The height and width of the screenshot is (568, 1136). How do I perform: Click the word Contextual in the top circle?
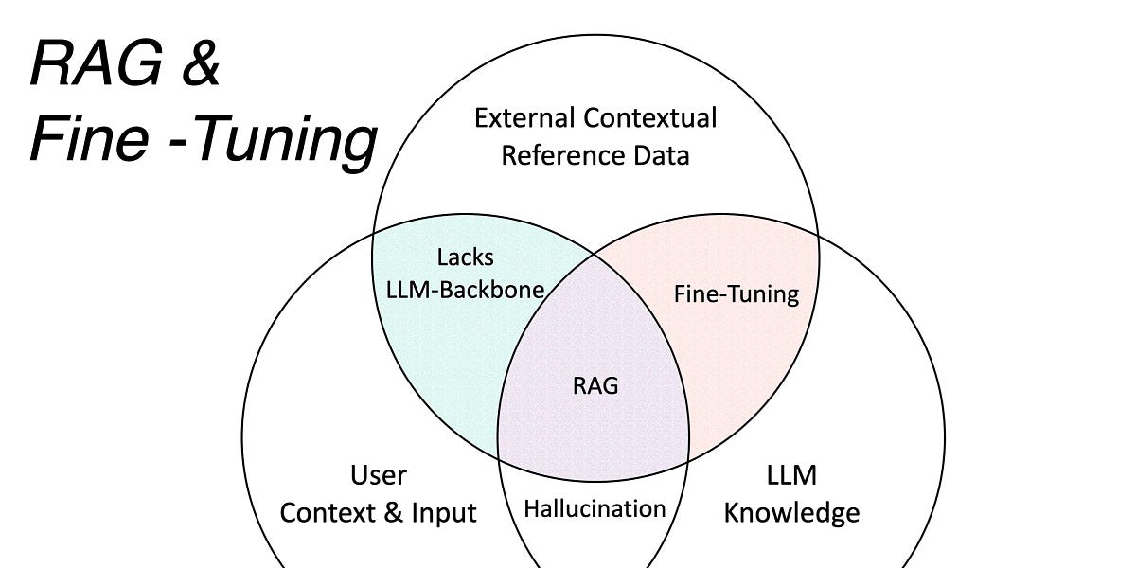(651, 118)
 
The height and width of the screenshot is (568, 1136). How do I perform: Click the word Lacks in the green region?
(465, 257)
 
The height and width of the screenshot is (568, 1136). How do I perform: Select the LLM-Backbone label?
(466, 289)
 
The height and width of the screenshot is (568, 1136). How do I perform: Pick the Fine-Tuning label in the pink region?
(737, 294)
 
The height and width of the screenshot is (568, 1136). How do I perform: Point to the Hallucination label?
(595, 509)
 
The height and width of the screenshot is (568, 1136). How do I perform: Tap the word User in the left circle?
(379, 474)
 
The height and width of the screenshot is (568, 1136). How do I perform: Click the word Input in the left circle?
(443, 513)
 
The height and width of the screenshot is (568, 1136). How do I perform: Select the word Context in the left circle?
(326, 513)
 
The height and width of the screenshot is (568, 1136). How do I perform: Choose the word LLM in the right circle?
(792, 474)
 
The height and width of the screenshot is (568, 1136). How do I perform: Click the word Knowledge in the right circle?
(792, 513)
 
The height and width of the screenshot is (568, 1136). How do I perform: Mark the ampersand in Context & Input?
(390, 513)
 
